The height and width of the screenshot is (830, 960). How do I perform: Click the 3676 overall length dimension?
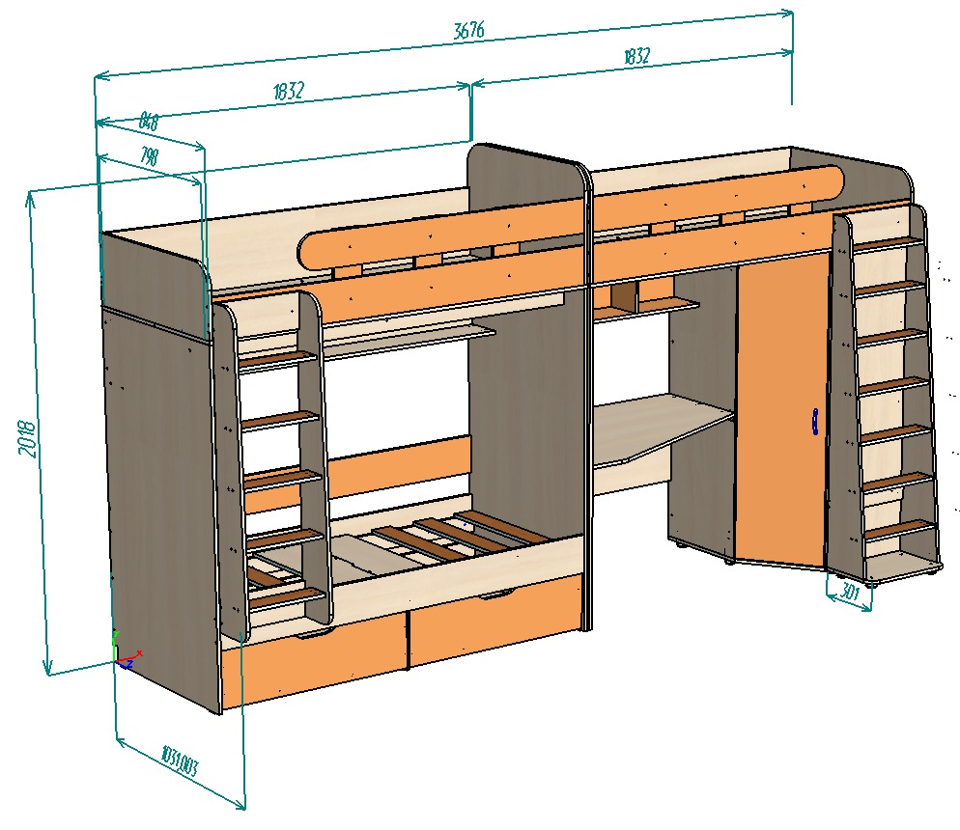click(468, 30)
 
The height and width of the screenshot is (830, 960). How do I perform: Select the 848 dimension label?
click(149, 122)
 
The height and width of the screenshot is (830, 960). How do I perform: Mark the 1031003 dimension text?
click(180, 761)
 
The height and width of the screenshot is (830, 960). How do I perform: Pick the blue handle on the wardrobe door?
click(815, 422)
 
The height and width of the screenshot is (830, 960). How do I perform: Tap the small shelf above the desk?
click(666, 305)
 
